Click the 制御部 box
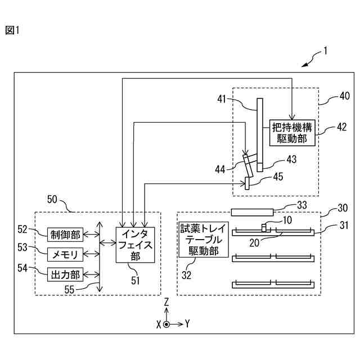click(x=65, y=235)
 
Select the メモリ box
click(x=65, y=254)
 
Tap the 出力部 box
click(x=65, y=274)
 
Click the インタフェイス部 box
click(x=135, y=245)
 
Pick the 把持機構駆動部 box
click(x=292, y=133)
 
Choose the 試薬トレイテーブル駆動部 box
click(x=204, y=240)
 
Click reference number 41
click(x=222, y=99)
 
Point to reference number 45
click(x=278, y=177)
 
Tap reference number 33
click(x=302, y=205)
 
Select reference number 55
click(x=69, y=289)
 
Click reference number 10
click(x=287, y=220)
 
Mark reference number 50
click(x=52, y=199)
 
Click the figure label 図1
click(x=12, y=30)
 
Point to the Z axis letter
click(x=166, y=301)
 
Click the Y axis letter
click(x=187, y=324)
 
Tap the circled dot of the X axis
click(x=166, y=325)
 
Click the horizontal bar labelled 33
click(x=252, y=212)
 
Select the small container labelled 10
click(x=264, y=228)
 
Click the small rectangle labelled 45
click(x=247, y=183)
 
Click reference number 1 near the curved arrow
click(x=325, y=51)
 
